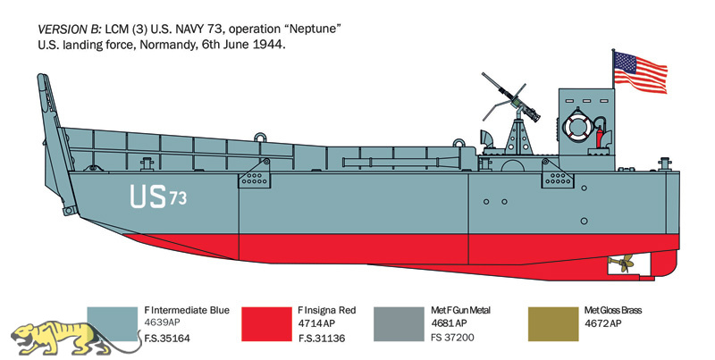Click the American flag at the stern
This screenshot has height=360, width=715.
(x=640, y=71)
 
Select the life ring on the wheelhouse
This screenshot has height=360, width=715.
(x=577, y=125)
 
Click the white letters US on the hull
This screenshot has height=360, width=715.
(x=147, y=196)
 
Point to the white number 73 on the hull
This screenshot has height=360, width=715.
(x=178, y=198)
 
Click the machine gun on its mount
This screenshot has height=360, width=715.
(x=510, y=100)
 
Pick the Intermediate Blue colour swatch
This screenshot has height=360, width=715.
(x=112, y=324)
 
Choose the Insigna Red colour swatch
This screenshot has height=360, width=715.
(x=266, y=324)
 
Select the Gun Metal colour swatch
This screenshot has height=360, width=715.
(x=399, y=324)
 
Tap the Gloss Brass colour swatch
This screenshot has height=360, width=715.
(x=553, y=324)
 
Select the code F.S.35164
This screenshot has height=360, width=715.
(x=167, y=339)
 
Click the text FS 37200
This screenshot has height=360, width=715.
(x=453, y=338)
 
